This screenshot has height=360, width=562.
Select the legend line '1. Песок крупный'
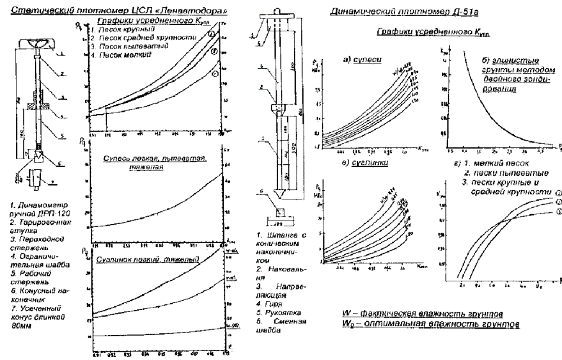click(x=118, y=31)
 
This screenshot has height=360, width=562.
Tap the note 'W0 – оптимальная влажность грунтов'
click(x=421, y=324)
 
